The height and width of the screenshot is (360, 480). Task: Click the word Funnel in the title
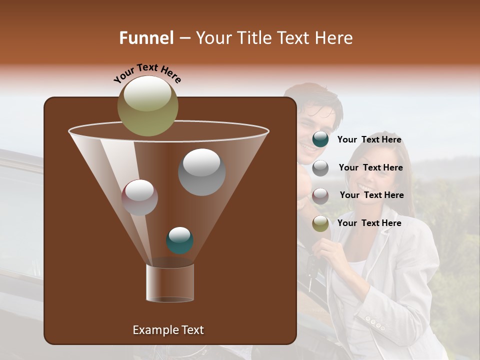point(146,38)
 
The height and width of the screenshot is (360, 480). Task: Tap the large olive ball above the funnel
point(147,106)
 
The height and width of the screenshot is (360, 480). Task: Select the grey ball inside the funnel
point(201,172)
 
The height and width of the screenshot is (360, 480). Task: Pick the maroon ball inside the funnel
point(139,197)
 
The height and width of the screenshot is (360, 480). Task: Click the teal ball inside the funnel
point(179,240)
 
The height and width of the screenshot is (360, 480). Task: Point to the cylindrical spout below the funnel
point(170,282)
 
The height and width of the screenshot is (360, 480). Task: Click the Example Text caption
point(168,330)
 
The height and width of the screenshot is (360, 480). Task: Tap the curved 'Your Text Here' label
point(147,72)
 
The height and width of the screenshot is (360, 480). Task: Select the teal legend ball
point(320,139)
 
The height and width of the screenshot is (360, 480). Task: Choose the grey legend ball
point(320,168)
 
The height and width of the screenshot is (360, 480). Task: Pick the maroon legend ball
point(320,195)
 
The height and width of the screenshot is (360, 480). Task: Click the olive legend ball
point(320,223)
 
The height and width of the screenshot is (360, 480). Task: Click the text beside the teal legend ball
point(369,140)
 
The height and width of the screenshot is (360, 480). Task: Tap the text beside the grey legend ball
point(370,168)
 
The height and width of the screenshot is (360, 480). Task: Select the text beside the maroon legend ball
point(371,195)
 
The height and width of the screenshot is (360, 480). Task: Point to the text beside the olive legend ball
point(369,223)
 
